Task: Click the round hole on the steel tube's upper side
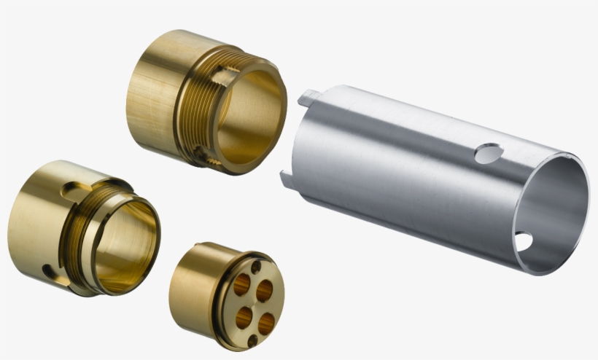point(488,153)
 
